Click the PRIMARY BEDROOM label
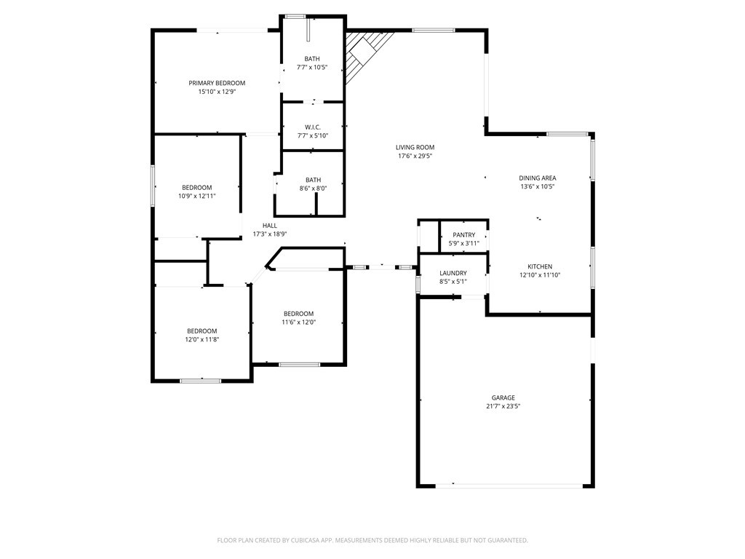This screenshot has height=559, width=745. pyautogui.click(x=217, y=83)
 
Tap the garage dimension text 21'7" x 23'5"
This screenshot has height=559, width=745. pyautogui.click(x=503, y=406)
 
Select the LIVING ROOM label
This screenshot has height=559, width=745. pyautogui.click(x=415, y=147)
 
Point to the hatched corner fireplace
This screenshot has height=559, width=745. pyautogui.click(x=365, y=52)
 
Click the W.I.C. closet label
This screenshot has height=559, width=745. pyautogui.click(x=313, y=127)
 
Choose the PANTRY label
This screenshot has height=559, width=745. pyautogui.click(x=463, y=235)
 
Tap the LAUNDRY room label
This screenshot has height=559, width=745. pyautogui.click(x=453, y=274)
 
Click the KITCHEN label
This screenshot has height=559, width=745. pyautogui.click(x=540, y=266)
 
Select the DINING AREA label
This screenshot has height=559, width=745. pyautogui.click(x=538, y=178)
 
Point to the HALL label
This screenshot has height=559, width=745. pyautogui.click(x=269, y=226)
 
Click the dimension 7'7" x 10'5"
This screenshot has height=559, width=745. pyautogui.click(x=312, y=68)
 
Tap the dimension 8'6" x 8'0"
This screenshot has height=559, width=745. pyautogui.click(x=313, y=189)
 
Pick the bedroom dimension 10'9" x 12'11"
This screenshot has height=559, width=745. pyautogui.click(x=196, y=196)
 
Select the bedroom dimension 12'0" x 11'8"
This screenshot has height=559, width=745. pyautogui.click(x=202, y=339)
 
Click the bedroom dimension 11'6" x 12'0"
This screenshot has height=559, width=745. pyautogui.click(x=299, y=322)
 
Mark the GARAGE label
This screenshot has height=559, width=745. pyautogui.click(x=503, y=398)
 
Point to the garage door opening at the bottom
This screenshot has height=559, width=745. pyautogui.click(x=509, y=485)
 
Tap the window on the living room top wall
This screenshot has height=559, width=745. pyautogui.click(x=434, y=31)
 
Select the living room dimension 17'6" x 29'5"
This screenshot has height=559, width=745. pyautogui.click(x=415, y=156)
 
